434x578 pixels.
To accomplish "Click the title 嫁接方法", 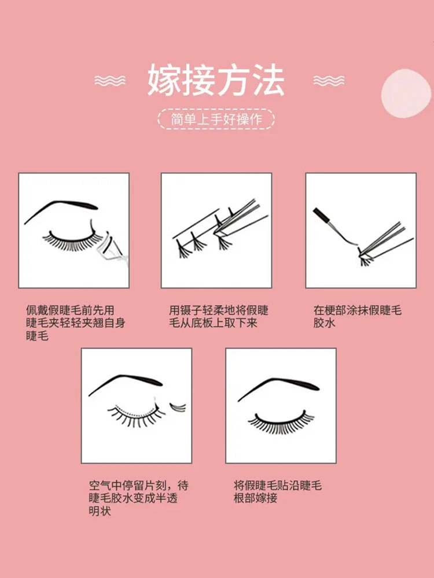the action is pyautogui.click(x=216, y=80).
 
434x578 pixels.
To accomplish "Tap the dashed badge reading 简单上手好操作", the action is pyautogui.click(x=216, y=119).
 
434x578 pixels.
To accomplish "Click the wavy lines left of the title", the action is pyautogui.click(x=109, y=80).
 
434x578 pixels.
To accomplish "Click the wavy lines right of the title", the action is pyautogui.click(x=329, y=80).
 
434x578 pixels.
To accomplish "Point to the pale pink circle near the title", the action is pyautogui.click(x=406, y=93).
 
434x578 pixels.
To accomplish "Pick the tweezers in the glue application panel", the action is pyautogui.click(x=384, y=240).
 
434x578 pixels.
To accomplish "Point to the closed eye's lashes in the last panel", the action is pyautogui.click(x=281, y=423).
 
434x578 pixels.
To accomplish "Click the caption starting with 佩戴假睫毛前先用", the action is pyautogui.click(x=76, y=323).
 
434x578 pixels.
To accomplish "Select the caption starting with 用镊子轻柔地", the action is pyautogui.click(x=219, y=317).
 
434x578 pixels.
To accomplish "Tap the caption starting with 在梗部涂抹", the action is pyautogui.click(x=357, y=317).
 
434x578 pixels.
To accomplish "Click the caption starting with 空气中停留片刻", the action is pyautogui.click(x=139, y=498).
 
